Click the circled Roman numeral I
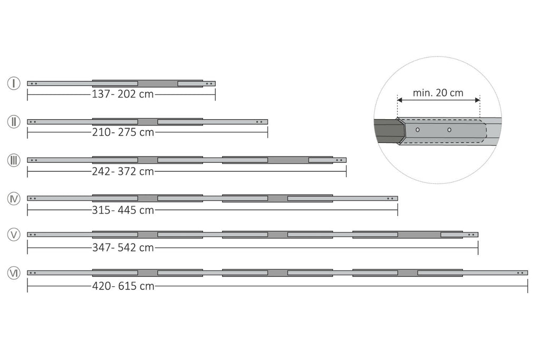[x=14, y=83]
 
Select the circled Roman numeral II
[x=14, y=122]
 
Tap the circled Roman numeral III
[x=14, y=160]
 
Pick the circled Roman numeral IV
[x=14, y=199]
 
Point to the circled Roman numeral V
[x=14, y=235]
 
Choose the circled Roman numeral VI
[x=14, y=273]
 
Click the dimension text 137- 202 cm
[x=122, y=94]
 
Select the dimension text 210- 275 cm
[x=122, y=132]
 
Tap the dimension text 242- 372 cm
[x=122, y=171]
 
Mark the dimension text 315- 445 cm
[x=122, y=210]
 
